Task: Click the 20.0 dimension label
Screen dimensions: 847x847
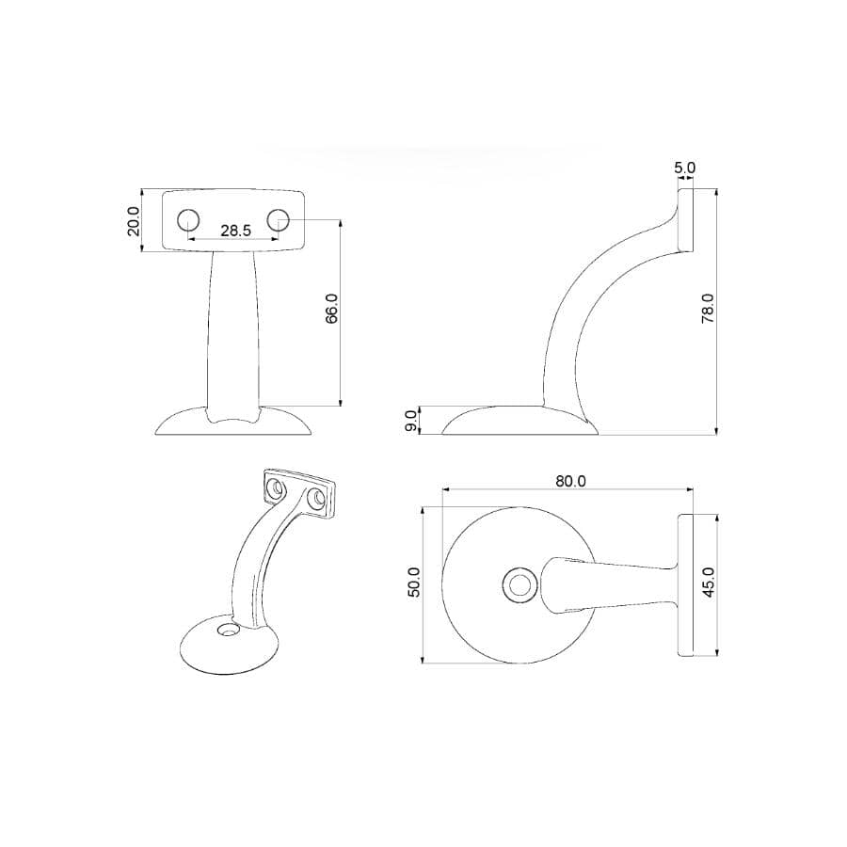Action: [x=133, y=221]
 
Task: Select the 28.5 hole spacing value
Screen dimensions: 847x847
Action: [x=234, y=231]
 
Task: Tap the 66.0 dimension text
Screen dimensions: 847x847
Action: [x=330, y=308]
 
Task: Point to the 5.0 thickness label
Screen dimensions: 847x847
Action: [x=684, y=168]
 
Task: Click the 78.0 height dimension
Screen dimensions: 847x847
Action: [x=708, y=309]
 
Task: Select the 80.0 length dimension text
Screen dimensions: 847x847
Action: [x=570, y=480]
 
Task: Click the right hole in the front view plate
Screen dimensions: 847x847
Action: [x=278, y=219]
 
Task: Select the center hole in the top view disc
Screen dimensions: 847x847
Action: [x=518, y=585]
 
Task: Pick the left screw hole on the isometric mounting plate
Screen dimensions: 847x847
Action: [x=277, y=488]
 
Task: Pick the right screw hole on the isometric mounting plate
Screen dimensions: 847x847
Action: [x=318, y=500]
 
